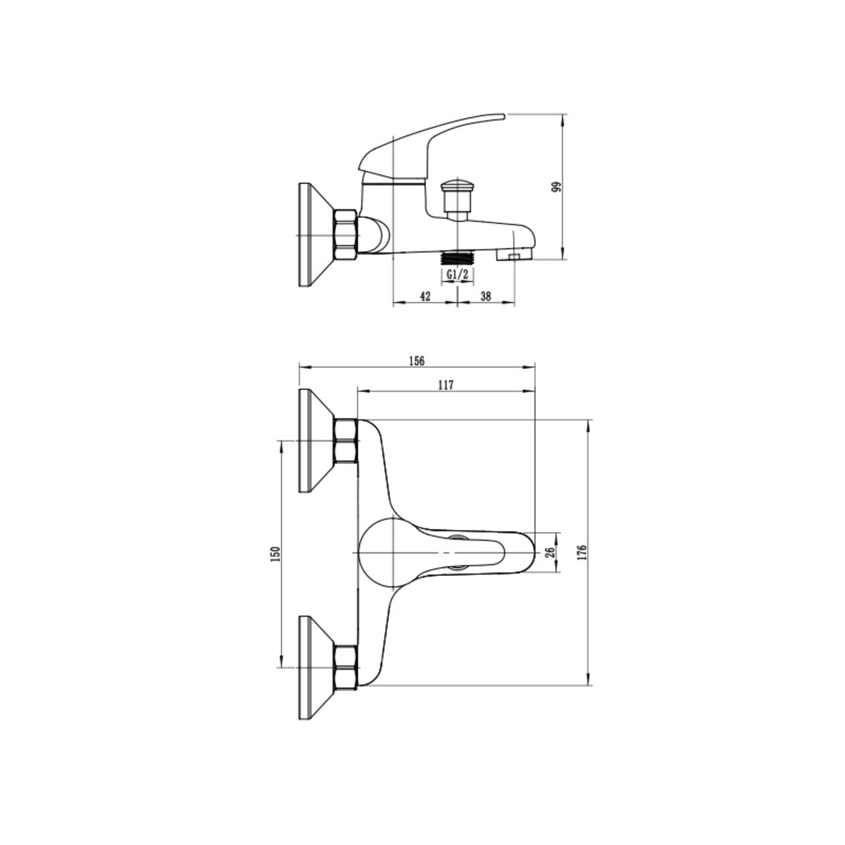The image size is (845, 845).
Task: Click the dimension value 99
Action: (x=556, y=187)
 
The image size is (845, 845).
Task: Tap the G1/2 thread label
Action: (x=458, y=274)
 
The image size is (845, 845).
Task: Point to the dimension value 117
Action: (x=446, y=384)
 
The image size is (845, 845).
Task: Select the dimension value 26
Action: (x=551, y=551)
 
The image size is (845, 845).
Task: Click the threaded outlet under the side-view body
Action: (x=458, y=258)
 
